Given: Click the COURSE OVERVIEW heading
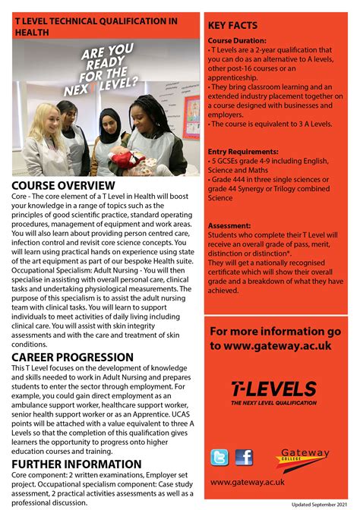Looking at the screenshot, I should (x=64, y=186).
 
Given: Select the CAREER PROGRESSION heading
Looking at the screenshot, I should (x=73, y=357).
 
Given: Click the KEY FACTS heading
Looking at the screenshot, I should (x=232, y=26).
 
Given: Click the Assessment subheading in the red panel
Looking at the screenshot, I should (x=229, y=225).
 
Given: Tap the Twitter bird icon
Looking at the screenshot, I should (x=219, y=457).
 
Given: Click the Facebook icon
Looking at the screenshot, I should (x=244, y=457).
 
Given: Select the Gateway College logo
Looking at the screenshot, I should (x=305, y=458).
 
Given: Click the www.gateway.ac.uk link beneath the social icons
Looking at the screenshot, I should (x=246, y=481).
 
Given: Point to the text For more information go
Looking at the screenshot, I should (x=275, y=331).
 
